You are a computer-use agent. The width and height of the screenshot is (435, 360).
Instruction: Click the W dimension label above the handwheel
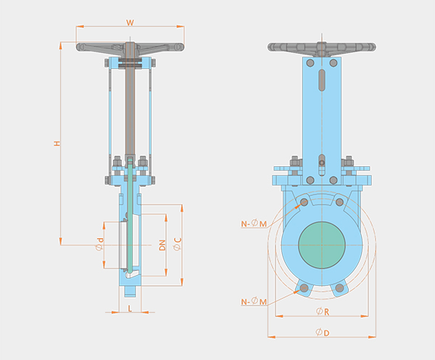[x=130, y=22]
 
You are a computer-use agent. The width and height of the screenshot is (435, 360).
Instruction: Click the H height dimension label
[x=57, y=143]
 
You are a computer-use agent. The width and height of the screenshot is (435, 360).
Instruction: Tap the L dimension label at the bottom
[x=130, y=308]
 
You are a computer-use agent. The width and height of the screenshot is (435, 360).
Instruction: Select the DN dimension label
[x=162, y=245]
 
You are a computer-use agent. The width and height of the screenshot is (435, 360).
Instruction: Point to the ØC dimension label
[x=178, y=244]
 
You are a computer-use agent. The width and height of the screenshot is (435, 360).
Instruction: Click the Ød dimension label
[x=99, y=244]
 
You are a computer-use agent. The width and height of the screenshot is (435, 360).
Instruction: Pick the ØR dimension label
[x=323, y=311]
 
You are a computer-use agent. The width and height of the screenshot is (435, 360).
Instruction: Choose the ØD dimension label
[x=323, y=332]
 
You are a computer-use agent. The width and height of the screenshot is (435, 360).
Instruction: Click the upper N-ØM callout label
[x=254, y=224]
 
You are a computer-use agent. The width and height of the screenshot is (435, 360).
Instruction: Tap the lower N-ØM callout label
[x=254, y=301]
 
